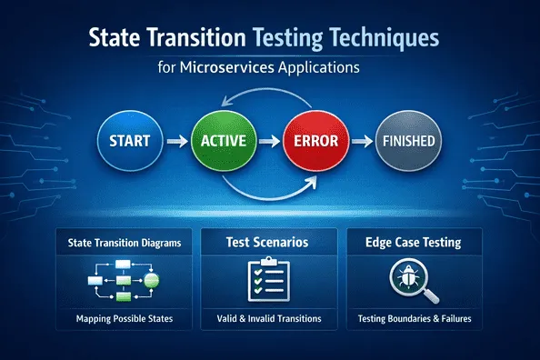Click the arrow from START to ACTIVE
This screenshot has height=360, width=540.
tap(177, 142)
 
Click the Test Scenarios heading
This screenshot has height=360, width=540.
tap(270, 243)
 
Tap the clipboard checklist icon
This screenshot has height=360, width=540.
tap(269, 281)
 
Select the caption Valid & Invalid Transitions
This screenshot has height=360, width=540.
tap(269, 320)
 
